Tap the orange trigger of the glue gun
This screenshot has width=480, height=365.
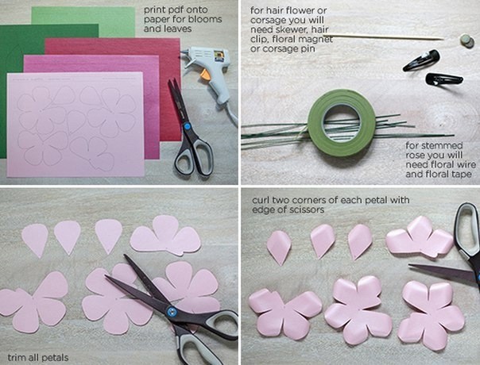[x=205, y=75]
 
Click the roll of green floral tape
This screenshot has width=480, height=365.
[x=342, y=122]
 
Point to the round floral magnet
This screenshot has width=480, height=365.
[x=466, y=40]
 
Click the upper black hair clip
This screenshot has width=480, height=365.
[x=421, y=60]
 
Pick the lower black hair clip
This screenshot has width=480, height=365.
[x=444, y=79]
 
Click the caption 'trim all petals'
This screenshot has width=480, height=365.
[x=38, y=358]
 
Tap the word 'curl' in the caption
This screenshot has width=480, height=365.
[x=261, y=200]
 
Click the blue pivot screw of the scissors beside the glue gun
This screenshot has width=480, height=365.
[x=187, y=126]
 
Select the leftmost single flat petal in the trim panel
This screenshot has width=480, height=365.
[x=35, y=240]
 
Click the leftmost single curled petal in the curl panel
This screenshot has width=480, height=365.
[x=279, y=247]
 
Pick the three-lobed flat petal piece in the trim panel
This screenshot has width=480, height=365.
[x=165, y=236]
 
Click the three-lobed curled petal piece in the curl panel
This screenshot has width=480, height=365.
[x=420, y=237]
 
